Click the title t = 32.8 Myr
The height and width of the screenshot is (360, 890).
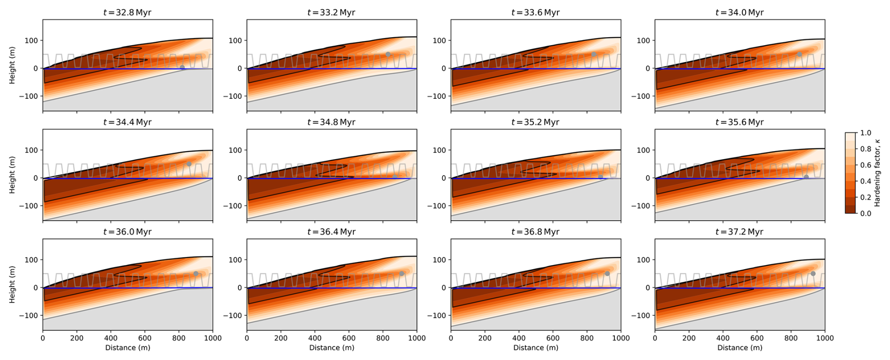click(127, 13)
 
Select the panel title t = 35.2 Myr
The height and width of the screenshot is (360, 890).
click(535, 122)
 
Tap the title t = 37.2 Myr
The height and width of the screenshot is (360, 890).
click(739, 232)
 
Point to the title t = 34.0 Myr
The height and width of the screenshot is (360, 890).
click(739, 13)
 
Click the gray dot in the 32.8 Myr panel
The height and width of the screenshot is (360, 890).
click(183, 68)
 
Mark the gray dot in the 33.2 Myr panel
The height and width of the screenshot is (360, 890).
click(388, 55)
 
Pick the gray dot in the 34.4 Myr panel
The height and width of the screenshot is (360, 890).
click(189, 164)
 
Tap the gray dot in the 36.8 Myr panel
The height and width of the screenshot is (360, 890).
click(607, 274)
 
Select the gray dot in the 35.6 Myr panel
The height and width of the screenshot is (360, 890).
click(806, 177)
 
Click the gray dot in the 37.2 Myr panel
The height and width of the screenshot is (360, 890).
click(813, 274)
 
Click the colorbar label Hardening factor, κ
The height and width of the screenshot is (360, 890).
click(877, 173)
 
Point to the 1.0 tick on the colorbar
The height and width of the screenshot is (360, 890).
click(866, 133)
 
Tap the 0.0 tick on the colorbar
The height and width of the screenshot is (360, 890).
click(866, 214)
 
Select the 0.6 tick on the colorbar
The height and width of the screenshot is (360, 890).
click(866, 165)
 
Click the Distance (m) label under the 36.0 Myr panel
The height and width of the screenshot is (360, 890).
click(127, 348)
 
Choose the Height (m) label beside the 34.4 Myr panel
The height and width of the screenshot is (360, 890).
click(12, 175)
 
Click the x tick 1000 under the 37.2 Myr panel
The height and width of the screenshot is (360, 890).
click(824, 338)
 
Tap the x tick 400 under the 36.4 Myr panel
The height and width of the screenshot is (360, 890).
click(315, 338)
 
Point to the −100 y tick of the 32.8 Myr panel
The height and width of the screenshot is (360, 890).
click(29, 96)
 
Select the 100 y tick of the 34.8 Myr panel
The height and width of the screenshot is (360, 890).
click(235, 151)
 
